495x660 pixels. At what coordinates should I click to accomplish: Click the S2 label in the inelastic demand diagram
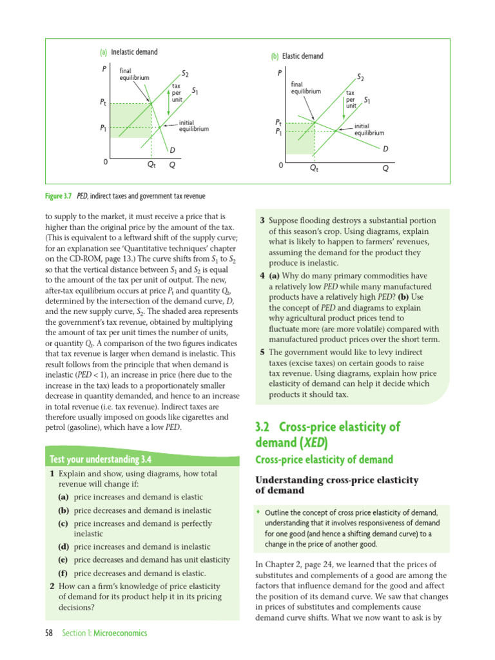[185, 75]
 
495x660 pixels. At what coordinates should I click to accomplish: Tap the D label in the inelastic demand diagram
[173, 150]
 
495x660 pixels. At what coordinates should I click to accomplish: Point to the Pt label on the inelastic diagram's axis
[103, 102]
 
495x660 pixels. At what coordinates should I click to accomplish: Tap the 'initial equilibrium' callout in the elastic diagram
[369, 130]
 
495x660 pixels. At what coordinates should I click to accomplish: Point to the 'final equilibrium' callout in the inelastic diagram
[134, 74]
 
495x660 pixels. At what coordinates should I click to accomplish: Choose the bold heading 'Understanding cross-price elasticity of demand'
[338, 485]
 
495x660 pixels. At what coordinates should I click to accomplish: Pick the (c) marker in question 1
[63, 522]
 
